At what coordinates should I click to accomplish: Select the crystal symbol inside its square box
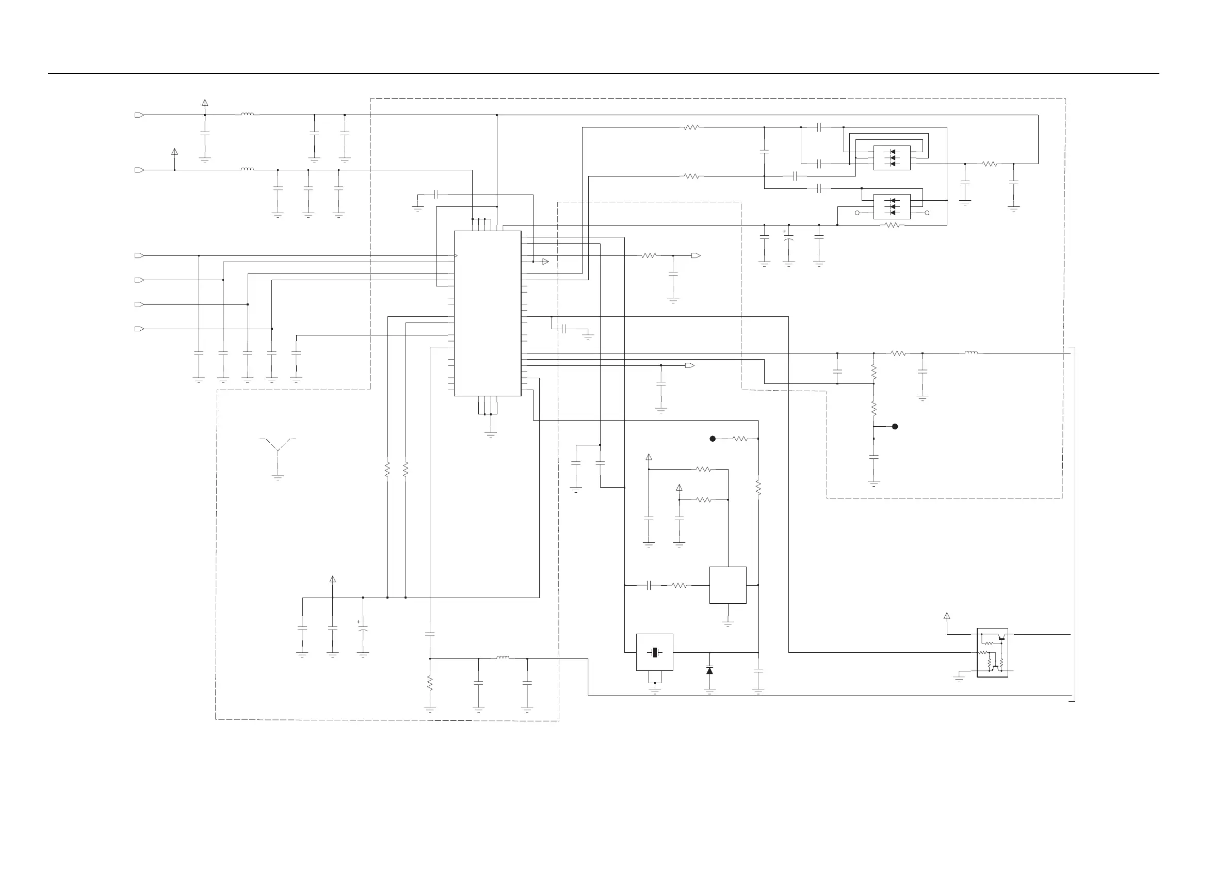click(x=654, y=652)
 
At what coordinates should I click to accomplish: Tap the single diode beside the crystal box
click(x=710, y=670)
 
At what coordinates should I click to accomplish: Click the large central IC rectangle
click(x=487, y=313)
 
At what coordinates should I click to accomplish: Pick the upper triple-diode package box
click(x=892, y=158)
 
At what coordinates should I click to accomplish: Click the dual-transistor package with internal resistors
click(x=992, y=652)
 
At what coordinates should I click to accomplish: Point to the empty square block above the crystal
click(x=727, y=585)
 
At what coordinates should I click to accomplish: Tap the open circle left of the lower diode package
click(x=857, y=213)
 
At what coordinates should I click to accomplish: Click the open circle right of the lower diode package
click(x=927, y=213)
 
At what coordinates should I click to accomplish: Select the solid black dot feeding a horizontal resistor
click(x=713, y=439)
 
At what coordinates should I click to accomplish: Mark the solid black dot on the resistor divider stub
click(x=895, y=426)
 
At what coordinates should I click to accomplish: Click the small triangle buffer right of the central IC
click(x=545, y=261)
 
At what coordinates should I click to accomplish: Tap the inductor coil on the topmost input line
click(x=247, y=114)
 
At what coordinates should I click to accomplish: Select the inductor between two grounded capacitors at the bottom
click(x=503, y=658)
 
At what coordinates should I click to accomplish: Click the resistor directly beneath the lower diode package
click(x=892, y=226)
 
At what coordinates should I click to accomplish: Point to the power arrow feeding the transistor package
click(x=946, y=616)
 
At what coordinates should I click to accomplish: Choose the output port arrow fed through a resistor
click(x=696, y=255)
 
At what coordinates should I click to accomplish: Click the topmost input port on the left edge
click(x=139, y=115)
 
